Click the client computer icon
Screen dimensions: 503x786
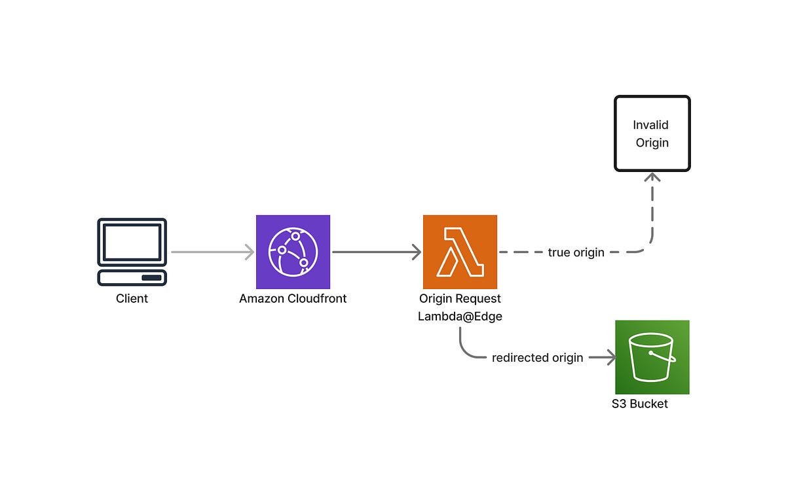[132, 252]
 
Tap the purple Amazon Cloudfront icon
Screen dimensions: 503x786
[293, 252]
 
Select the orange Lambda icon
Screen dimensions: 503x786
[460, 252]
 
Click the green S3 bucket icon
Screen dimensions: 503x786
[652, 357]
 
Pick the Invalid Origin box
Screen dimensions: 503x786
[652, 133]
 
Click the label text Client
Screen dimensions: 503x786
[132, 299]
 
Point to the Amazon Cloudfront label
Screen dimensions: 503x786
[293, 299]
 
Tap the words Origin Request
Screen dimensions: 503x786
[460, 299]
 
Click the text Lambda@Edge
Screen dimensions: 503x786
[459, 317]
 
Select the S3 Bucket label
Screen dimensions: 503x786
[639, 404]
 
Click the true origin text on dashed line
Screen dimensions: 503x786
[576, 252]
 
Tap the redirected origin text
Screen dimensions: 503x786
[537, 358]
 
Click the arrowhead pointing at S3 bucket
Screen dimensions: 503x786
[610, 358]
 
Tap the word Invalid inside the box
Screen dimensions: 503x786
[650, 125]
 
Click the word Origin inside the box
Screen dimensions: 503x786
[652, 143]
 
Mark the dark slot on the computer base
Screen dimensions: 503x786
[151, 278]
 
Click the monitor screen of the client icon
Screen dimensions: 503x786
[132, 241]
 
